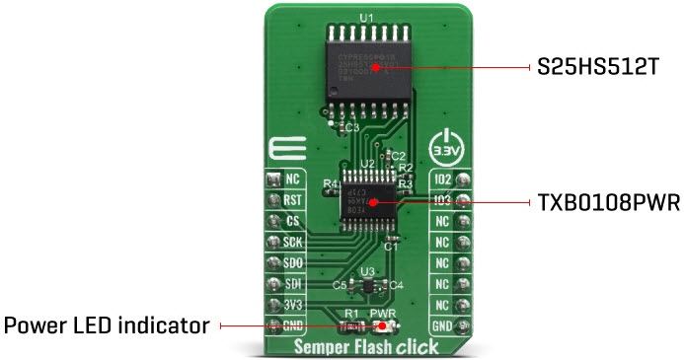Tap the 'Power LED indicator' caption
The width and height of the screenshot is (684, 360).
pos(107,324)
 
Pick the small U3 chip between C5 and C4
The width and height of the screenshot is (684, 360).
pos(367,286)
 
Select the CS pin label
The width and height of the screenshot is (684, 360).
pos(292,222)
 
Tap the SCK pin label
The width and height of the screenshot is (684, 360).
pos(292,243)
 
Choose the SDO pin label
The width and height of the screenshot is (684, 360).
pos(292,263)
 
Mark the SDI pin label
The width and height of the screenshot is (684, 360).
pos(292,284)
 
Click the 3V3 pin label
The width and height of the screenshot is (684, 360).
pos(292,305)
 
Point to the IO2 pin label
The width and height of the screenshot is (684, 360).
pos(442,180)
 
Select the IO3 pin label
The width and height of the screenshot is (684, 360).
pos(442,201)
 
